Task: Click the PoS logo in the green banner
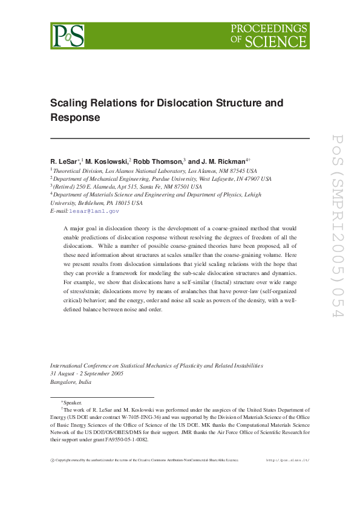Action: pos(67,36)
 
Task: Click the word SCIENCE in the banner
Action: pos(275,42)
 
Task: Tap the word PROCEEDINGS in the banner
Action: pos(270,28)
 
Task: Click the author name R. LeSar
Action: pos(64,161)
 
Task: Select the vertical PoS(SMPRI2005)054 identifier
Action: pos(337,233)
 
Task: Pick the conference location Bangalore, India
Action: pos(71,382)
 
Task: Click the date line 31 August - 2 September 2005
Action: pos(87,374)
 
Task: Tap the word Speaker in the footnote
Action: pos(73,402)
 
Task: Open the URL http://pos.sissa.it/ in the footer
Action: pos(288,461)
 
